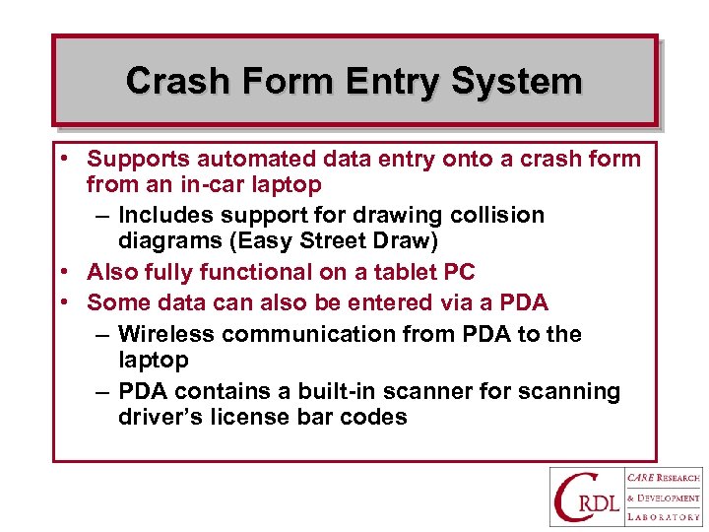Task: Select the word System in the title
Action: pos(517,81)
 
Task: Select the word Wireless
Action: pos(166,334)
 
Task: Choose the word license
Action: pos(250,417)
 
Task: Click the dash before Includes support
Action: pos(103,215)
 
